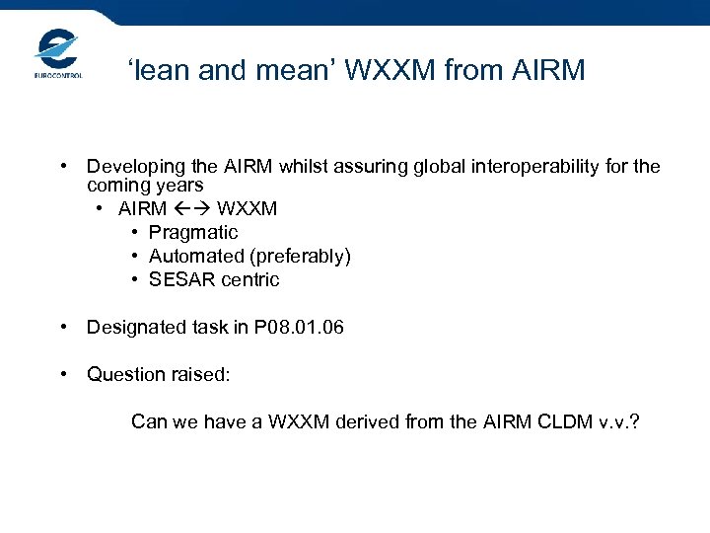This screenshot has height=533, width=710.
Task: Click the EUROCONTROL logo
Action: (x=57, y=53)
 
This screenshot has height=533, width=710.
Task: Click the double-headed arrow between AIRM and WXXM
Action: (x=192, y=209)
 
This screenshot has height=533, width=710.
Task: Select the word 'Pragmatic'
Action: (x=193, y=233)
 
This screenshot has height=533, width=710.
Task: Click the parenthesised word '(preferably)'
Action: (x=300, y=257)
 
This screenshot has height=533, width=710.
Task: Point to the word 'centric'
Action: (x=249, y=280)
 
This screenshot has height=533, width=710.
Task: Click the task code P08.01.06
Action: (x=299, y=328)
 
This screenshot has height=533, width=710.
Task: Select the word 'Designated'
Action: (x=132, y=328)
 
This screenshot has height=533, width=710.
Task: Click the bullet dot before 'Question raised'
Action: (x=62, y=374)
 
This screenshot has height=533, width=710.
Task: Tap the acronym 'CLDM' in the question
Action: (x=567, y=422)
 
